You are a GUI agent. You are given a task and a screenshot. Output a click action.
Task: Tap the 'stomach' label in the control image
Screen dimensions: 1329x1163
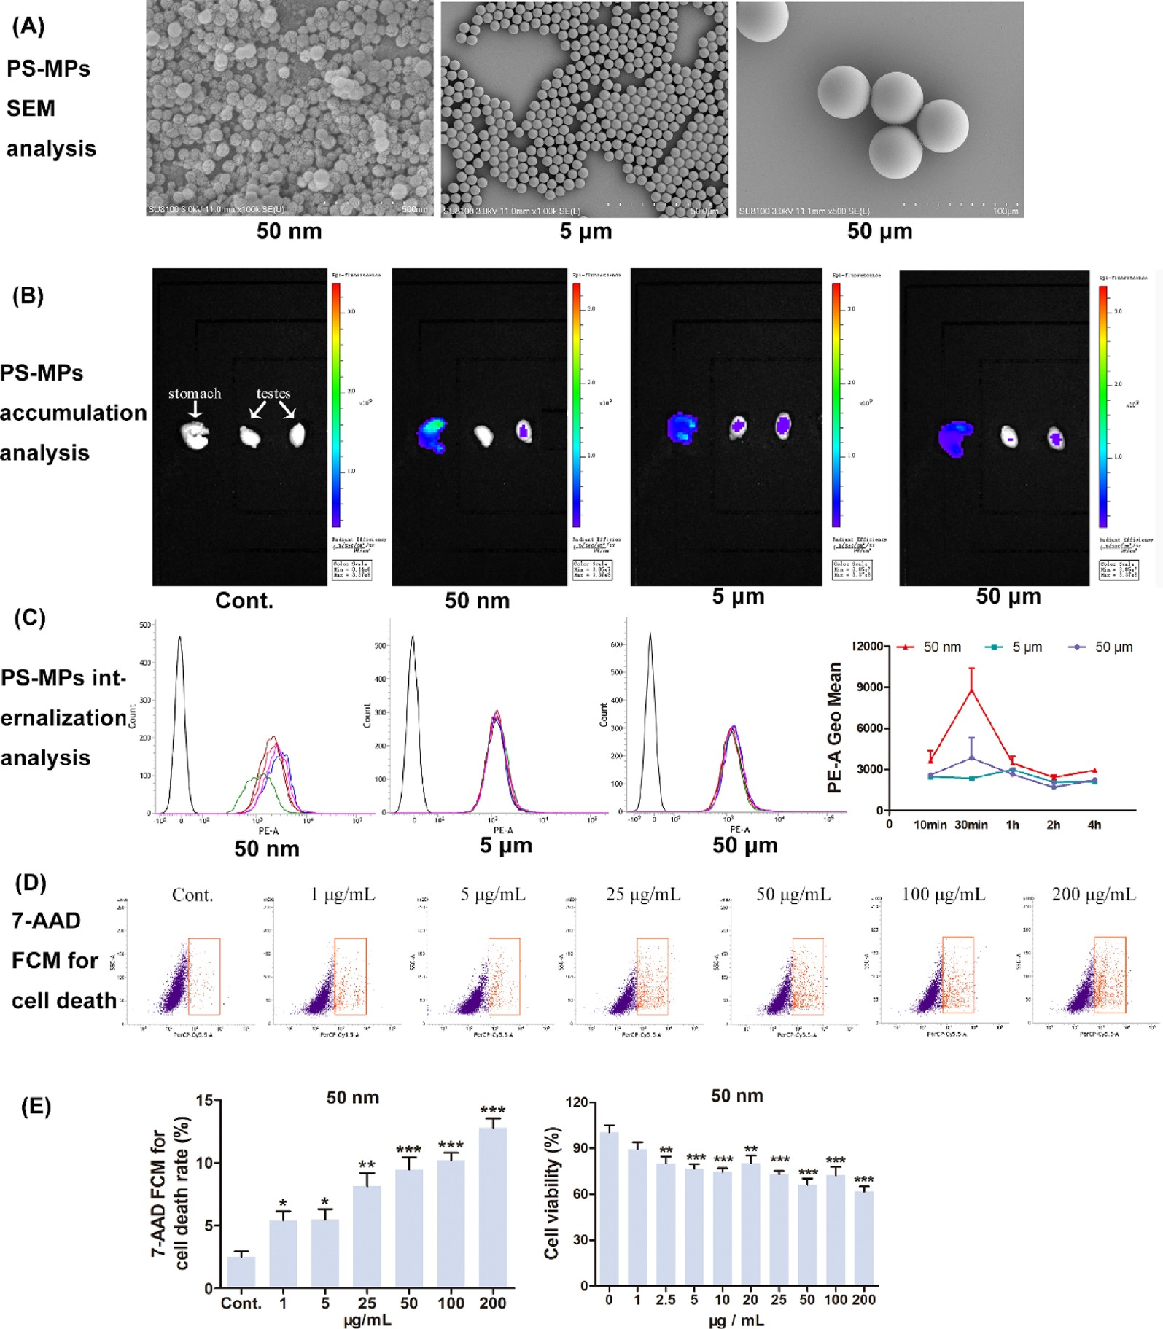(194, 394)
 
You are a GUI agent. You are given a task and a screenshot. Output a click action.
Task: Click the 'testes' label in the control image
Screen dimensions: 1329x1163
(273, 394)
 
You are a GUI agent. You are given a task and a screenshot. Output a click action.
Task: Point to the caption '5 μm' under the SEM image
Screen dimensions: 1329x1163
(586, 232)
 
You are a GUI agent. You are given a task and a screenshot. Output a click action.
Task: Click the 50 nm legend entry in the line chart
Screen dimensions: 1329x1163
(941, 647)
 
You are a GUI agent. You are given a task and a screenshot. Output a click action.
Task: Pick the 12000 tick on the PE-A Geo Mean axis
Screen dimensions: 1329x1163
(868, 646)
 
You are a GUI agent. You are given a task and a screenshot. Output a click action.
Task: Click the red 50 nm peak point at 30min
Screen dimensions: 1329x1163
(971, 690)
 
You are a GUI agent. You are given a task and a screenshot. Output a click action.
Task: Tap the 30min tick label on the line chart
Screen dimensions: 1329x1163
(971, 825)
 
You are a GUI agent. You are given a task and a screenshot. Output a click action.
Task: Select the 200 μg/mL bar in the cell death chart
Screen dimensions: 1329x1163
(493, 1207)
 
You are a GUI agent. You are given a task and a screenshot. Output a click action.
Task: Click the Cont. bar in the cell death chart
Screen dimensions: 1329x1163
(241, 1271)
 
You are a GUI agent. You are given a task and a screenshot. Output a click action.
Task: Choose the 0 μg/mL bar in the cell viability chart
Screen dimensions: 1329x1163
(609, 1209)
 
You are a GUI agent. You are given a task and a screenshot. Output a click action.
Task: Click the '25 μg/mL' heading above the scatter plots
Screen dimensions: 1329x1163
(642, 895)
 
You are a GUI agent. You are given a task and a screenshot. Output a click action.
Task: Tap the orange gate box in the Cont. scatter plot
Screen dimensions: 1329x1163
(204, 976)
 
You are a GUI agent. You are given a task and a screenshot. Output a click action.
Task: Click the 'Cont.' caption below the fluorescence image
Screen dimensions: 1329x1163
(244, 601)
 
